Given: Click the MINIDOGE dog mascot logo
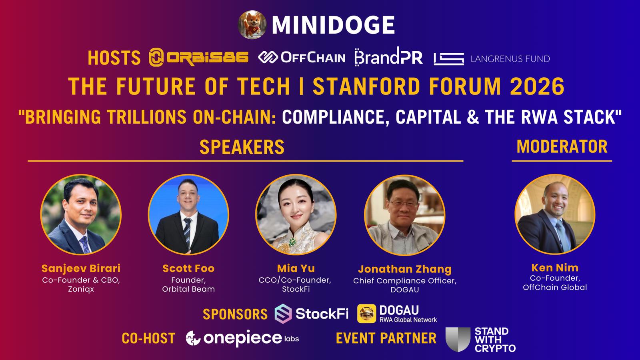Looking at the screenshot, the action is click(252, 24).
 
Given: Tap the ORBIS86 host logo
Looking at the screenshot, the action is click(198, 57).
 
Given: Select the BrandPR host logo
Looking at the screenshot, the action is click(388, 56).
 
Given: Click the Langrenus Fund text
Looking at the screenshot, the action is click(510, 59).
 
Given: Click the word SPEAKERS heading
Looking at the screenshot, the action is click(242, 147).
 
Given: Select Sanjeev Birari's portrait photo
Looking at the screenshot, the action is click(81, 214).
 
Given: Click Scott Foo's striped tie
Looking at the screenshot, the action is click(188, 232).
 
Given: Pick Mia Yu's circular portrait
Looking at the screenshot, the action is click(296, 214).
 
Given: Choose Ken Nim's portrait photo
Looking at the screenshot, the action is click(555, 214).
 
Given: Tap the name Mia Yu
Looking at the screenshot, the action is click(296, 268).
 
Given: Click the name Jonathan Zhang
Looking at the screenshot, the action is click(405, 269).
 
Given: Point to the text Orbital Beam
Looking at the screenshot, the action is click(188, 289).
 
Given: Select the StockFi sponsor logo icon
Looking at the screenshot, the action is click(283, 314).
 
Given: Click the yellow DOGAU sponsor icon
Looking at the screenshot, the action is click(366, 314).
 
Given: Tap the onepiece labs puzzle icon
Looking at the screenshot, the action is click(193, 338).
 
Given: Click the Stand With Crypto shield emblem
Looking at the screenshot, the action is click(458, 340).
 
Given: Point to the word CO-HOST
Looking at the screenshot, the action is click(148, 338).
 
